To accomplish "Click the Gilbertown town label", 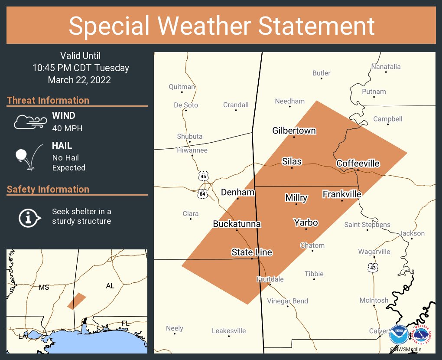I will point(294,131).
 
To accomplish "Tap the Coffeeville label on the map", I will point(358,164).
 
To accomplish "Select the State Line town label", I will point(252,252).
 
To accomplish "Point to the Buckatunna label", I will point(237,224).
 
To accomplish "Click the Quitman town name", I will point(182,87).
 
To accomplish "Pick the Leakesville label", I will point(229,331).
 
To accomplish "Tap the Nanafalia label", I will point(386,67).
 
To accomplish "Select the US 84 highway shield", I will point(202,193).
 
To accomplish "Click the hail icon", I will point(29,157).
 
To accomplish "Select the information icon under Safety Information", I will point(29,217).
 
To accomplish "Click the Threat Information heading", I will point(48,100).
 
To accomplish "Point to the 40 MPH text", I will point(67,128).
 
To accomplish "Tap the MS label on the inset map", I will point(44,287).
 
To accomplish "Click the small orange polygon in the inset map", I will point(76,301).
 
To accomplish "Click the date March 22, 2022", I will point(79,80).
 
